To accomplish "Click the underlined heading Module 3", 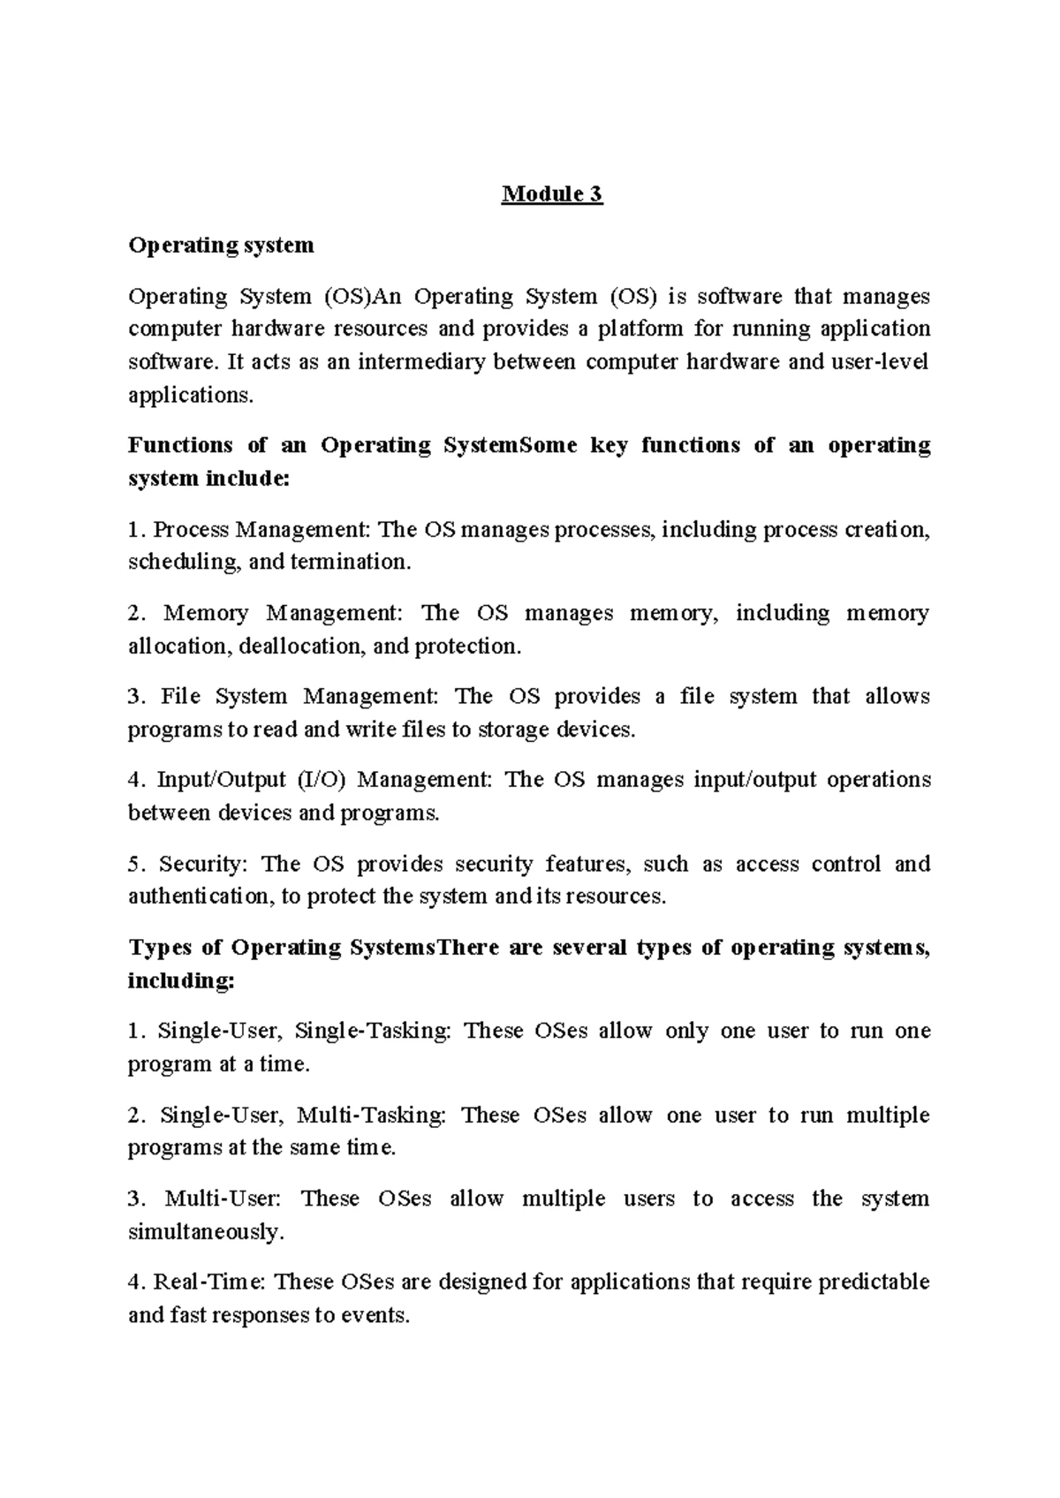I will tap(552, 193).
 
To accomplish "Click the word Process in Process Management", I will tap(191, 530).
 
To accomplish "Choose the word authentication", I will tap(201, 897).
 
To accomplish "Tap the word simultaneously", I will tap(205, 1231).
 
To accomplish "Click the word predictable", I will tap(874, 1282).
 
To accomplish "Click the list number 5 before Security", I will tap(134, 864).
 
